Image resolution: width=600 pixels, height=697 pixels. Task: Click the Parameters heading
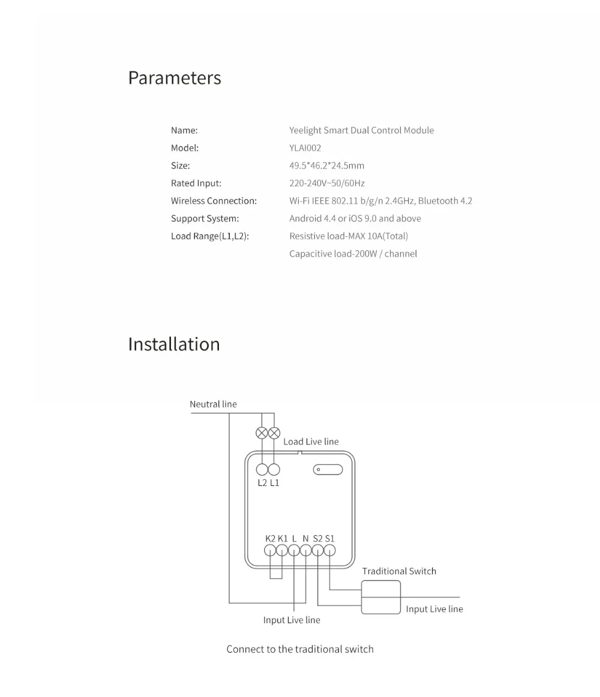coord(175,78)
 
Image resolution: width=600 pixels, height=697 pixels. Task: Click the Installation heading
coord(174,344)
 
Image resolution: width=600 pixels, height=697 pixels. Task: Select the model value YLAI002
coord(305,148)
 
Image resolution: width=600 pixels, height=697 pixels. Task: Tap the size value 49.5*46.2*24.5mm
coord(326,166)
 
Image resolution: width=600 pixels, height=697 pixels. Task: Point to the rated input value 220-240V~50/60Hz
coord(327,183)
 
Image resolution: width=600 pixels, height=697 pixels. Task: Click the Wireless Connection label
coord(214,201)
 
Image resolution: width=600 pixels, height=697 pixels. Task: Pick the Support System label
coord(205,218)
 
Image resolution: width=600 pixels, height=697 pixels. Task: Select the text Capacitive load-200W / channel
coord(353,254)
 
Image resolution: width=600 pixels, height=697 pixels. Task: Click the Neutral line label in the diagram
coord(213,404)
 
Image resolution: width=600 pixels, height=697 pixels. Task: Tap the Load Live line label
coord(311,441)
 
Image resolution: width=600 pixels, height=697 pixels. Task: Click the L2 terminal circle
coord(262,470)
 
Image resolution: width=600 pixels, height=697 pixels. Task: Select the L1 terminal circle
coord(274,470)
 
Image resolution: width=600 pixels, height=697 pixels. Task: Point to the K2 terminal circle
coord(270,550)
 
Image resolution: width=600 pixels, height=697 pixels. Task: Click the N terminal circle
coord(306,550)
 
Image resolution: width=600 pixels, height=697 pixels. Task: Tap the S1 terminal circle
coord(329,550)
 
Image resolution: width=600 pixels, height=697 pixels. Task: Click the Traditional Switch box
coord(381,597)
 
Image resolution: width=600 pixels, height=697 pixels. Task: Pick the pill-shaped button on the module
coord(328,470)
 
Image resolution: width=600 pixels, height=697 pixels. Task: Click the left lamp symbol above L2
coord(262,432)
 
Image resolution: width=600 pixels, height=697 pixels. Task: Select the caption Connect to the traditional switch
coord(300,649)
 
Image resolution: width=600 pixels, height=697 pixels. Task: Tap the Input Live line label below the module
coord(292,620)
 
